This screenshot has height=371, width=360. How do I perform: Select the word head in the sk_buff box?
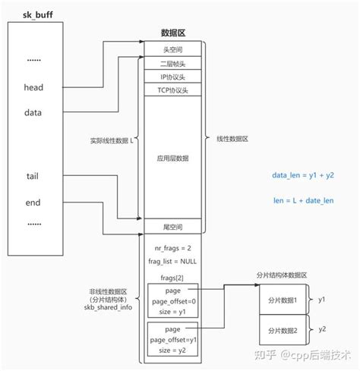click(x=34, y=87)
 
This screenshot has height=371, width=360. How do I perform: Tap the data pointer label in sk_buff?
click(x=33, y=112)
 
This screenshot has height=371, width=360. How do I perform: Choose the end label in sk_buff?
click(x=32, y=203)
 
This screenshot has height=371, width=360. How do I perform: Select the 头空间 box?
click(x=172, y=49)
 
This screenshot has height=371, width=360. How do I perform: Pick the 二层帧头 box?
click(x=172, y=63)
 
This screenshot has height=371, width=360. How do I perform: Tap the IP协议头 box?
click(x=172, y=77)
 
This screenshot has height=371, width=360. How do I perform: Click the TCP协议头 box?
click(x=172, y=91)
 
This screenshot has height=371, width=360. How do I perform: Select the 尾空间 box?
click(x=172, y=227)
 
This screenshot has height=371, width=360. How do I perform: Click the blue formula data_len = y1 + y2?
click(x=304, y=175)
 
